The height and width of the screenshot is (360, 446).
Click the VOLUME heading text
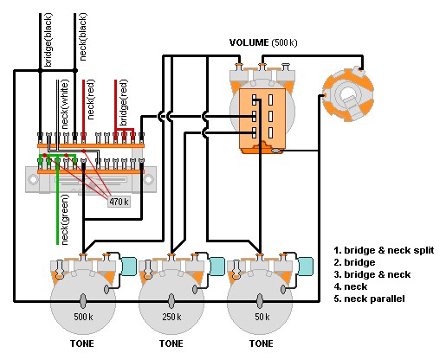click(x=249, y=42)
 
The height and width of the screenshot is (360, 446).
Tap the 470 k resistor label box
click(x=119, y=202)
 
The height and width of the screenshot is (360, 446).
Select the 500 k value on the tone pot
click(x=83, y=317)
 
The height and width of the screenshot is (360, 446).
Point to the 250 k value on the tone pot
click(x=171, y=317)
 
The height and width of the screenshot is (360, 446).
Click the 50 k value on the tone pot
click(x=262, y=317)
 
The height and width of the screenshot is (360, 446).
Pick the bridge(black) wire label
click(x=48, y=40)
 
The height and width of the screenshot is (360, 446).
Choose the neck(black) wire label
click(x=82, y=36)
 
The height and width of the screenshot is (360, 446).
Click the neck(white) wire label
click(x=65, y=105)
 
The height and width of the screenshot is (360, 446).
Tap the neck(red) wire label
click(x=91, y=100)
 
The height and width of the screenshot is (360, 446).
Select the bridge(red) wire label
click(x=123, y=103)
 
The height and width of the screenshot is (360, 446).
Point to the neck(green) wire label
click(x=65, y=220)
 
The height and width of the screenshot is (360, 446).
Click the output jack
click(x=348, y=94)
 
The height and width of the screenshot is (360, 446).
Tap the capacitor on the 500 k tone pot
click(x=128, y=266)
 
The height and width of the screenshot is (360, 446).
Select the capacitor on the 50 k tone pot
click(x=306, y=266)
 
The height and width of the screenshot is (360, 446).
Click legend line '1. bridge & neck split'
click(x=384, y=250)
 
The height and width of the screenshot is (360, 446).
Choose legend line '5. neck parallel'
click(x=369, y=299)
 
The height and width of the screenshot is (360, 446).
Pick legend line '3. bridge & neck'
click(x=372, y=274)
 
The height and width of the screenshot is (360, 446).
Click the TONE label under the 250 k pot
click(x=171, y=344)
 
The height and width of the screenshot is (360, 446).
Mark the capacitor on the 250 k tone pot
click(x=217, y=266)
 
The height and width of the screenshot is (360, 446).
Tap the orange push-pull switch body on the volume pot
click(x=262, y=120)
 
